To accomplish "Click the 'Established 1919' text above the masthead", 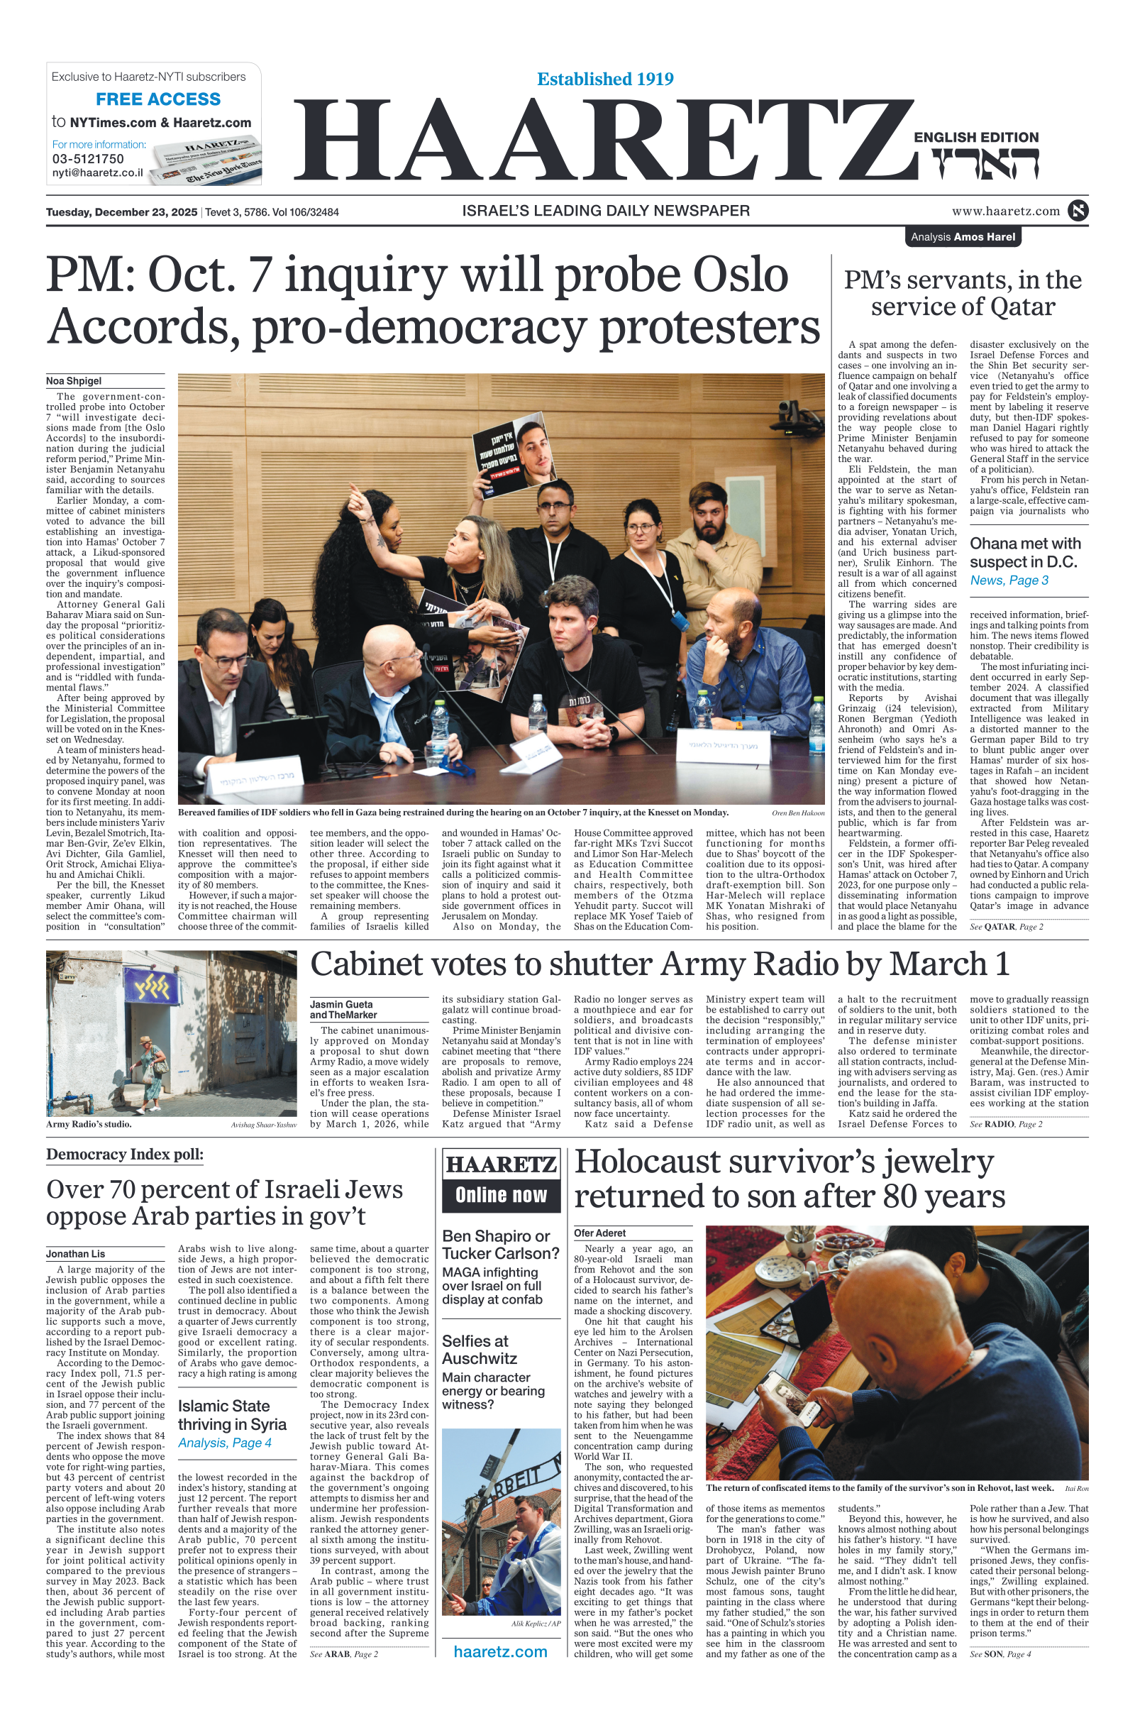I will [605, 79].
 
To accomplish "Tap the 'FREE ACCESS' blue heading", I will [157, 99].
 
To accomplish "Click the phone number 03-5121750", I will [87, 158].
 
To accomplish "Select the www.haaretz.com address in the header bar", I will [1005, 211].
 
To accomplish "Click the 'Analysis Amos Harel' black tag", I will [962, 237].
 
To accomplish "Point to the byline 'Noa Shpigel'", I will [74, 381].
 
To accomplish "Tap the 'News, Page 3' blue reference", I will [1009, 580].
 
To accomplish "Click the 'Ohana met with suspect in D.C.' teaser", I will [1025, 552].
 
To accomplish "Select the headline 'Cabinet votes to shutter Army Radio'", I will [659, 964].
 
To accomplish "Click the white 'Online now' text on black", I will [501, 1195].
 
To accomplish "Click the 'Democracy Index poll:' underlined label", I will [125, 1155].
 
